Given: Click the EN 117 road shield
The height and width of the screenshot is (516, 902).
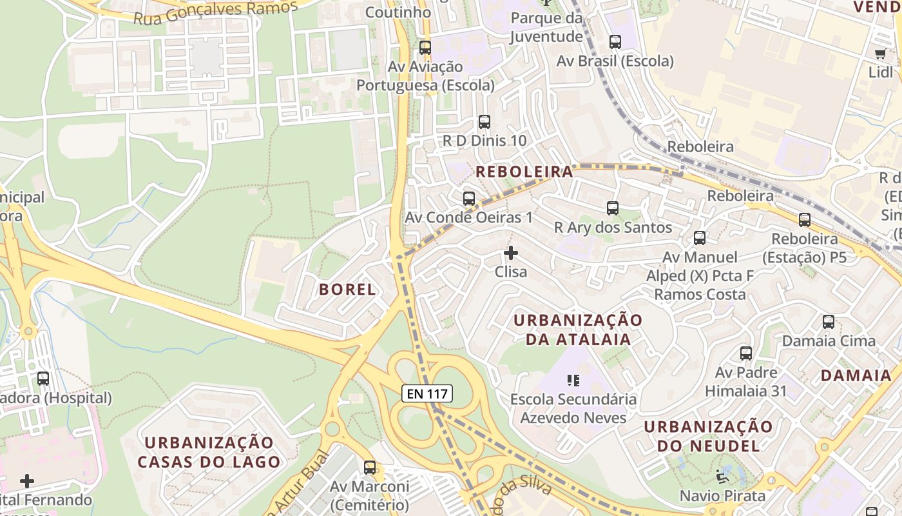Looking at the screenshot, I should (x=427, y=393).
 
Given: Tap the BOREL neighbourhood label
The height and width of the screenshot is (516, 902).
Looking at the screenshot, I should (x=347, y=290).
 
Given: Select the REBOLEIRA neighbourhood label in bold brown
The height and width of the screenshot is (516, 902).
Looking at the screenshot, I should (x=524, y=172).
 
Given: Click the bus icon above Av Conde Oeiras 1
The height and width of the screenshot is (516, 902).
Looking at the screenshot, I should (x=469, y=199).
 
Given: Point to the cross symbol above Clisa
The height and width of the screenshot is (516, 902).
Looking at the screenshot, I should (x=511, y=253).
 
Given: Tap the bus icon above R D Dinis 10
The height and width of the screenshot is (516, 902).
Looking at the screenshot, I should (x=485, y=122).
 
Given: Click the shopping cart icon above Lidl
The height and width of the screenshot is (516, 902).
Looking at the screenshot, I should (x=880, y=54).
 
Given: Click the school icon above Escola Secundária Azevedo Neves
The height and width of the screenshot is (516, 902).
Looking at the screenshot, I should (x=573, y=381).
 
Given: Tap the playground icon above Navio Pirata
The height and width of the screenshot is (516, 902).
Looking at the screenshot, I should (x=722, y=477).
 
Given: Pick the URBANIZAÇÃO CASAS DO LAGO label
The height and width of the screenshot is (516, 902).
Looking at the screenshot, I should (x=209, y=452).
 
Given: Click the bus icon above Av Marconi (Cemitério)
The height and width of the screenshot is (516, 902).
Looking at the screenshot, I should (x=370, y=468).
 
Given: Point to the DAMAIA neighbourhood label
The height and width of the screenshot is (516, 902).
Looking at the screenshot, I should (x=856, y=375).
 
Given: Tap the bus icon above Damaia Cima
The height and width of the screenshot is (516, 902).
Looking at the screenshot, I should (x=829, y=322).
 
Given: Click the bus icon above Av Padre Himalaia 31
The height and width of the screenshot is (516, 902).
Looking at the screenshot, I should (x=746, y=353).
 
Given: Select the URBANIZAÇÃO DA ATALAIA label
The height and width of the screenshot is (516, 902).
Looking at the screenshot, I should (x=578, y=330).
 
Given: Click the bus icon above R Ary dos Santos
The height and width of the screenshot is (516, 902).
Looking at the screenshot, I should (x=613, y=208).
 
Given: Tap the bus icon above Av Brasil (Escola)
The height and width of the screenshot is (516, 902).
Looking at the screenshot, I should (x=615, y=43).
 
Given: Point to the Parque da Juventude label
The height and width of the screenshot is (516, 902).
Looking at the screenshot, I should (x=546, y=27).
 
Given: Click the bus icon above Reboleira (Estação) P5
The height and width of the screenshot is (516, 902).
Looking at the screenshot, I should (x=805, y=220).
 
